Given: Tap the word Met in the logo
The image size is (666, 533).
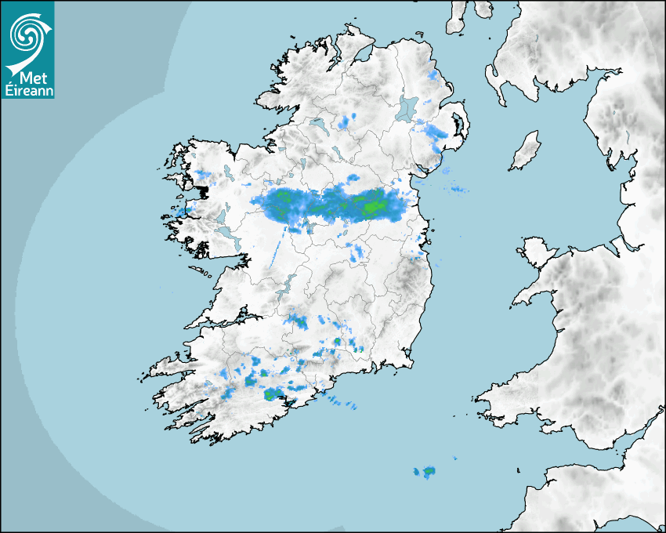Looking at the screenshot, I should click(x=31, y=78).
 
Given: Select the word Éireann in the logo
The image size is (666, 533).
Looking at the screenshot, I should click(x=27, y=90).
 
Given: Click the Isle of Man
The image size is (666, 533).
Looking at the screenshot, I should click(x=526, y=150).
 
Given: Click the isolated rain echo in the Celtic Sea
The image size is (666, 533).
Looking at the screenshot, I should click(x=426, y=471).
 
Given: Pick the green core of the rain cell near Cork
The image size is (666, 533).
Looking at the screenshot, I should click(x=271, y=394).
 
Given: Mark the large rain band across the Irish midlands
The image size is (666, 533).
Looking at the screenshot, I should click(x=337, y=205).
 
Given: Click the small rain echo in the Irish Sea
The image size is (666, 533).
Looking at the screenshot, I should click(x=458, y=189).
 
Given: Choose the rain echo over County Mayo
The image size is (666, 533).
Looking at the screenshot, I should click(x=205, y=174).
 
